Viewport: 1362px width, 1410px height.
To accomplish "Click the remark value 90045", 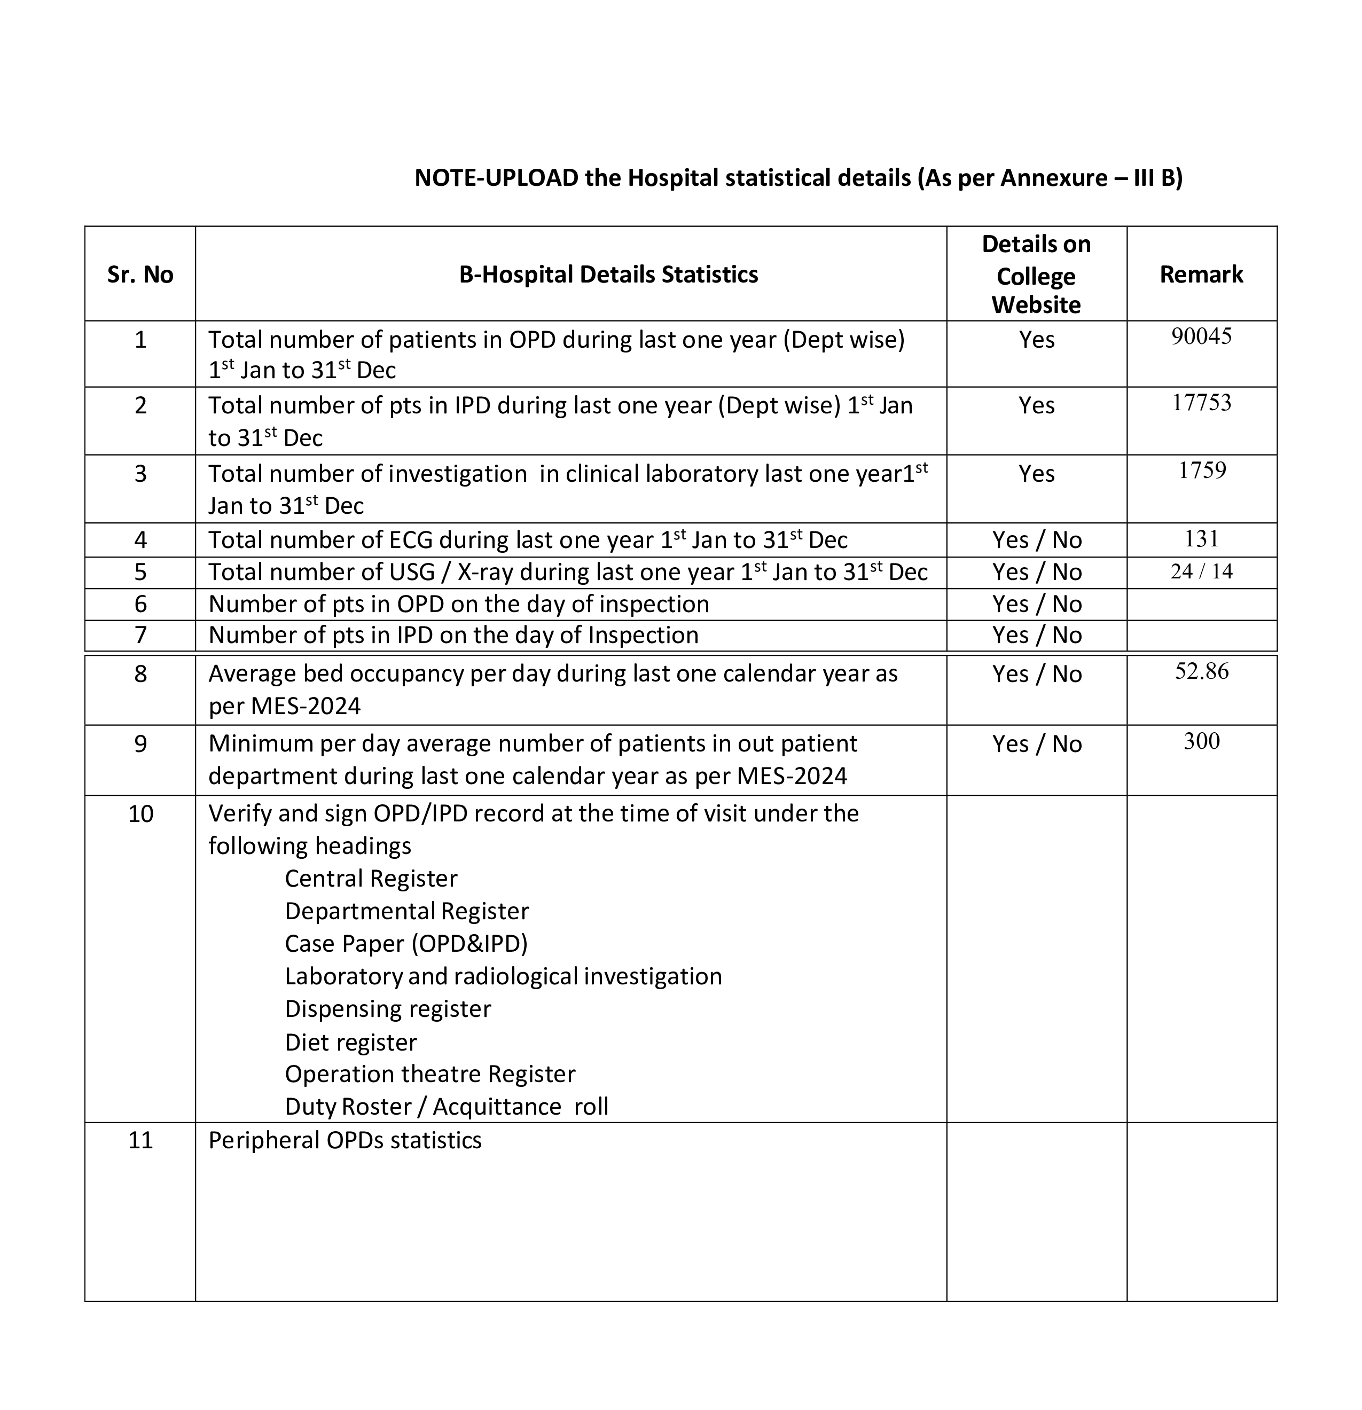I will pos(1201,336).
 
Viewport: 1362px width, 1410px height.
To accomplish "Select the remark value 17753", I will pos(1201,402).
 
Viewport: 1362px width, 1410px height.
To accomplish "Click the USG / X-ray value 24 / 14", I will pos(1201,571).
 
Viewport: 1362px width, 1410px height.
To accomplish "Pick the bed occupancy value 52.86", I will pos(1201,671).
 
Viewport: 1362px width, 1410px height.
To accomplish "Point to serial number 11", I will pos(140,1140).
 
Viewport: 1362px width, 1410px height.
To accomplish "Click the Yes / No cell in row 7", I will pos(1036,635).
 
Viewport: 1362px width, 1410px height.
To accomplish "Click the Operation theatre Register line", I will pos(429,1074).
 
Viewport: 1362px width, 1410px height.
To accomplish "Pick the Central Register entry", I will pos(371,879).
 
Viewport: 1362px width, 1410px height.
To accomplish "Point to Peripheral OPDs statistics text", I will pos(345,1140).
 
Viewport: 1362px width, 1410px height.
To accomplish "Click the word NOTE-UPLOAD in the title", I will pos(496,178).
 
